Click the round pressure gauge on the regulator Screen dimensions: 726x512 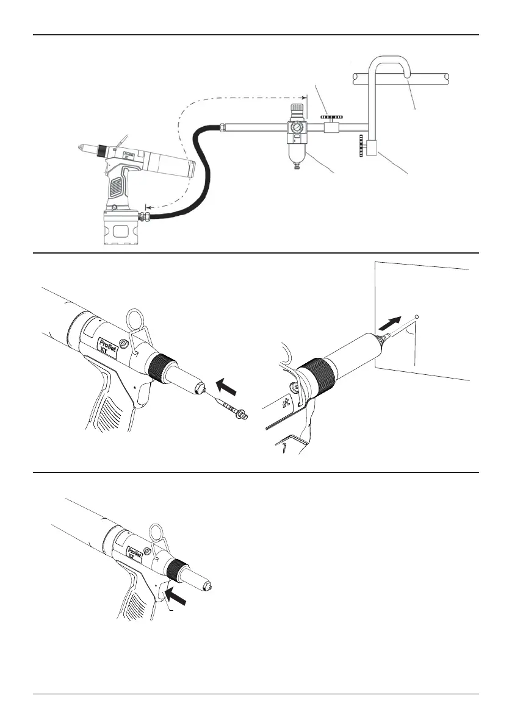coord(297,129)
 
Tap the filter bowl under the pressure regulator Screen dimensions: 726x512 coord(297,151)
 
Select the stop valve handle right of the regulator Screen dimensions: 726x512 coord(333,115)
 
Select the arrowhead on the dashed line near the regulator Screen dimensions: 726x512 coord(303,98)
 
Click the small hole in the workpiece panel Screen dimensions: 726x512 coord(416,317)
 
